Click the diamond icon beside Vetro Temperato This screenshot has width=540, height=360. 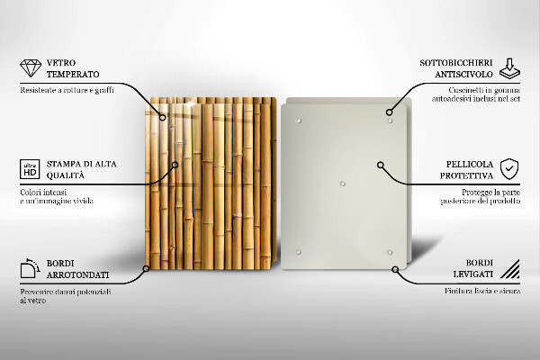coord(31,68)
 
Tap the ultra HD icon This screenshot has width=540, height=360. coord(30,169)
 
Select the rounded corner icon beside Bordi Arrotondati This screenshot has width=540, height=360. coord(30,268)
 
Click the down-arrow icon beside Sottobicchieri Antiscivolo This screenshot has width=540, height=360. coord(509,68)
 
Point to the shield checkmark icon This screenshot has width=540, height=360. coord(509,169)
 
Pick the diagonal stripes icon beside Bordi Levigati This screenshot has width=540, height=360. coord(510,269)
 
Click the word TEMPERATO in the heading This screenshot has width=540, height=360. coord(73,74)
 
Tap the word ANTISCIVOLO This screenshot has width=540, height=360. coord(463,74)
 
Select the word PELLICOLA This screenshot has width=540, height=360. coord(470,164)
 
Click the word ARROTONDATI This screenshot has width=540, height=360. coord(77,274)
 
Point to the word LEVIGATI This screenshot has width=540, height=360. coord(472,274)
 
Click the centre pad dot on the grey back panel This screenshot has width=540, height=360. coord(342,184)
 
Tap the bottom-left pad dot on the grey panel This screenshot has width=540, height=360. coord(298,252)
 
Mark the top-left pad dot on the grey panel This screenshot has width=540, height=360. coord(299,121)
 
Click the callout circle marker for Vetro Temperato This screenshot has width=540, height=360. coord(163,118)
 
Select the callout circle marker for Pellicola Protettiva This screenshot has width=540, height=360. coord(380,165)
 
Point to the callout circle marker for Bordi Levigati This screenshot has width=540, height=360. coord(395,269)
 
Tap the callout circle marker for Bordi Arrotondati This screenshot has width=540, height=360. coord(146,268)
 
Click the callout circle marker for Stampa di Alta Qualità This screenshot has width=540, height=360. coord(175,165)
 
